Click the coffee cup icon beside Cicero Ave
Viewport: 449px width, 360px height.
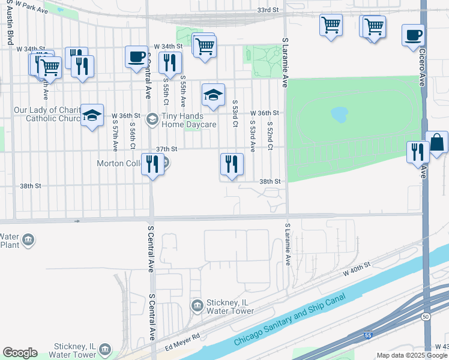pyautogui.click(x=412, y=35)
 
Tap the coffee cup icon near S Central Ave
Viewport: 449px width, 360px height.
pyautogui.click(x=136, y=57)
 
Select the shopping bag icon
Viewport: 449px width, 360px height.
pyautogui.click(x=436, y=143)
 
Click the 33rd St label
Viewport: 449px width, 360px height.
pyautogui.click(x=268, y=10)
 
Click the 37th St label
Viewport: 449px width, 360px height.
pyautogui.click(x=167, y=148)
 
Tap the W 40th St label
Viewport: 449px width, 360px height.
pyautogui.click(x=358, y=268)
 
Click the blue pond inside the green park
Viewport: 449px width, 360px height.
pyautogui.click(x=339, y=114)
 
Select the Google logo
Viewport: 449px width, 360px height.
pyautogui.click(x=20, y=353)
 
